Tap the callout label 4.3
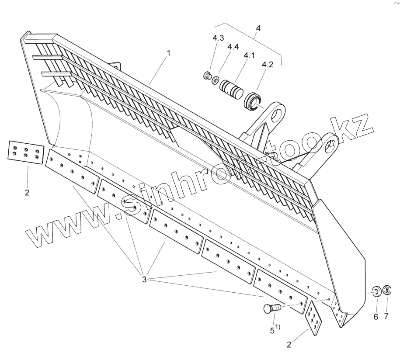pos(219,38)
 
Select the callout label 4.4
pos(233,47)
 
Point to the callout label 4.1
pos(249,55)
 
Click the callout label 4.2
pos(267,65)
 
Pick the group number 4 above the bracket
pos(258,28)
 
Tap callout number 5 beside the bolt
pos(272,330)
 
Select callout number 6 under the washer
pos(375,317)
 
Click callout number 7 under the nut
pos(386,317)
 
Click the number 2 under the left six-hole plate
pos(27,193)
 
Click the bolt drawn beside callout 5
pos(271,308)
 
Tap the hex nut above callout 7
pos(387,290)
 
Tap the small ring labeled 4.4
pos(216,80)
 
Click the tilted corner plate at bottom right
pos(314,318)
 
